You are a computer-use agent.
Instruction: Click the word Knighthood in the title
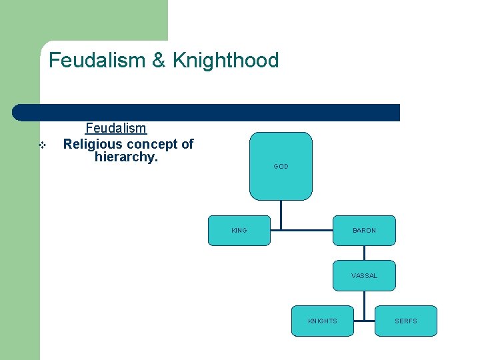pyautogui.click(x=225, y=61)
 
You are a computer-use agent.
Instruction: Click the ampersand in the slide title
pyautogui.click(x=159, y=61)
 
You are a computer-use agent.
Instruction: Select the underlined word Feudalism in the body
pyautogui.click(x=116, y=128)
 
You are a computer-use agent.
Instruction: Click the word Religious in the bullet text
pyautogui.click(x=93, y=144)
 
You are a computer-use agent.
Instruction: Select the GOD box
pyautogui.click(x=281, y=166)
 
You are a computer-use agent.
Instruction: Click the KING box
pyautogui.click(x=239, y=231)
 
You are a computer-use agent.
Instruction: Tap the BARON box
pyautogui.click(x=364, y=231)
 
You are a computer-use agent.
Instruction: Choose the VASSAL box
pyautogui.click(x=364, y=275)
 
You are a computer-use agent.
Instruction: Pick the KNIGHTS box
pyautogui.click(x=323, y=321)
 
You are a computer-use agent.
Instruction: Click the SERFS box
pyautogui.click(x=405, y=321)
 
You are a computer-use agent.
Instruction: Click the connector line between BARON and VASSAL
pyautogui.click(x=364, y=253)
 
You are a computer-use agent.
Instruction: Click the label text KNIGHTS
pyautogui.click(x=323, y=321)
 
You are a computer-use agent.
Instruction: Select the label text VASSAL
pyautogui.click(x=364, y=276)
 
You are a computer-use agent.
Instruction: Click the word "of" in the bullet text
pyautogui.click(x=187, y=144)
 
